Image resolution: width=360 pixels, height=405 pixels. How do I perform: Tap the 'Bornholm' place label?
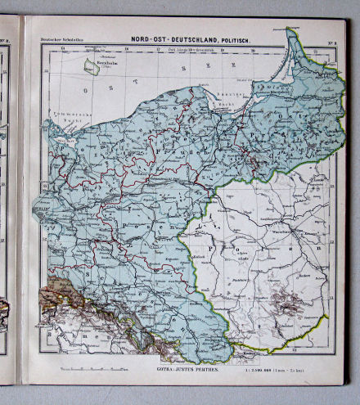tap(98, 61)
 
